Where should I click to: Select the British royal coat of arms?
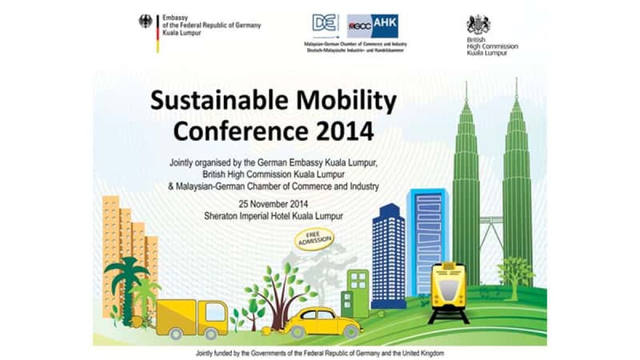point(478,25)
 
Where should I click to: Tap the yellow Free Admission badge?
point(315,240)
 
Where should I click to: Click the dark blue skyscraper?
point(388,256)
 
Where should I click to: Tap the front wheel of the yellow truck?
point(211,333)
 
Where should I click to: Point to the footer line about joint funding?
point(320,353)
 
